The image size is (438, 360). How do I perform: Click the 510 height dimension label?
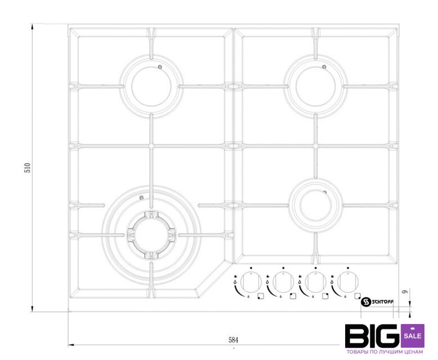pos(28,168)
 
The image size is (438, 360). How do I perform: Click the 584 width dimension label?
pos(234,340)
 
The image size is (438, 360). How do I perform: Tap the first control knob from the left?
pos(251,282)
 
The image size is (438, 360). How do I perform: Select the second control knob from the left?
pos(283,282)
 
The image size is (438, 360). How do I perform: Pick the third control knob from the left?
pos(316,282)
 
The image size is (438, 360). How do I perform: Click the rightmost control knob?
pos(348,282)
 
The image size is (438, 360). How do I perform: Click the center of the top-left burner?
pos(151,86)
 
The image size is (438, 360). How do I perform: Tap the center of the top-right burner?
pos(316,86)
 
